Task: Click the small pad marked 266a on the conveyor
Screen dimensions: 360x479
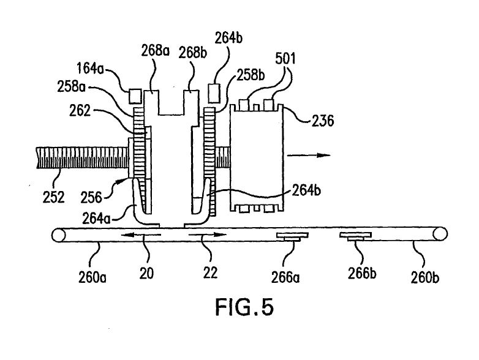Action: tap(292, 236)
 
